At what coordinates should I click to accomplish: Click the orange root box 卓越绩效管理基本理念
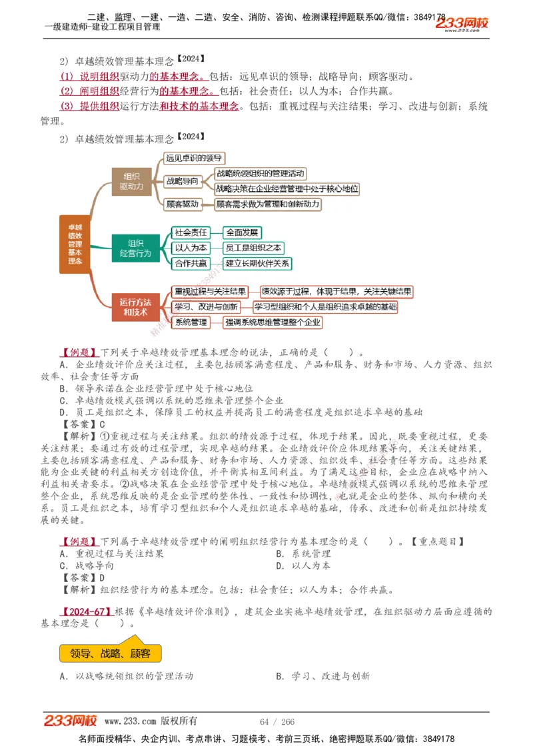pos(75,244)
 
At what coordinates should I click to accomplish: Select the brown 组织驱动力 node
pos(131,182)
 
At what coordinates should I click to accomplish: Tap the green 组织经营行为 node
pos(135,248)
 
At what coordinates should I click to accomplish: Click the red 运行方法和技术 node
pos(135,307)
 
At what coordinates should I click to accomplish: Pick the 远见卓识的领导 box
pos(194,158)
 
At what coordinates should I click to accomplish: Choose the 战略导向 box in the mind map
pos(182,181)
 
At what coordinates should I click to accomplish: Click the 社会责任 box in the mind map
pos(191,232)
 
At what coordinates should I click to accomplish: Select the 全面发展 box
pos(243,232)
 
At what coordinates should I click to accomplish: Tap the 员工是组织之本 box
pos(253,248)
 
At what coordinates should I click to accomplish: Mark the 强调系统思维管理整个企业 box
pos(272,322)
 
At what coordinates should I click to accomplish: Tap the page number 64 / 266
pos(277,721)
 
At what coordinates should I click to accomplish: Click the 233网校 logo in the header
pos(462,24)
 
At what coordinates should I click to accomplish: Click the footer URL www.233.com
pos(131,721)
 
